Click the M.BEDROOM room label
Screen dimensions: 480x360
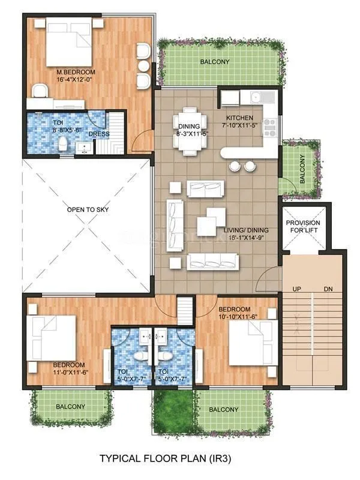click(x=71, y=71)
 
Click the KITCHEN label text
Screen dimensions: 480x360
click(x=239, y=118)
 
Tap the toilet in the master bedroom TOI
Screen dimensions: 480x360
click(x=64, y=143)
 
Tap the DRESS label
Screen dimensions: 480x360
click(x=98, y=134)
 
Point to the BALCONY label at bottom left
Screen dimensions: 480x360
click(x=70, y=406)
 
